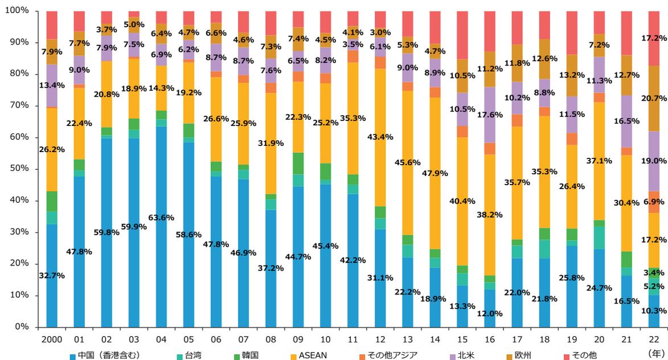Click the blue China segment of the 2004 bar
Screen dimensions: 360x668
pyautogui.click(x=161, y=256)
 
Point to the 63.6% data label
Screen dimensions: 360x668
pyautogui.click(x=161, y=217)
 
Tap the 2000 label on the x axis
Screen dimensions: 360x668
pyautogui.click(x=52, y=339)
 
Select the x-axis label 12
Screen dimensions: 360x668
pyautogui.click(x=380, y=339)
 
